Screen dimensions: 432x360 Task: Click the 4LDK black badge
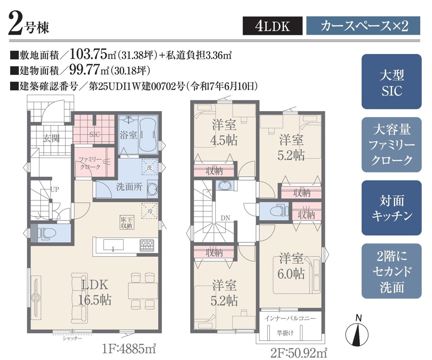pyautogui.click(x=272, y=26)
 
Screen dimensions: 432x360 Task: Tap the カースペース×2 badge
pyautogui.click(x=363, y=26)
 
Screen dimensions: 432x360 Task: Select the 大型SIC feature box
pyautogui.click(x=391, y=82)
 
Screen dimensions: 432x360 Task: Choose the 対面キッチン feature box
pyautogui.click(x=391, y=208)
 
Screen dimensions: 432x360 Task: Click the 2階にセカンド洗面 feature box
pyautogui.click(x=391, y=271)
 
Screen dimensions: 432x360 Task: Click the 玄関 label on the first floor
pyautogui.click(x=51, y=138)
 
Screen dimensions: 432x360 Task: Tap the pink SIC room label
pyautogui.click(x=94, y=135)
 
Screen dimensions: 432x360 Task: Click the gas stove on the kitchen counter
pyautogui.click(x=147, y=245)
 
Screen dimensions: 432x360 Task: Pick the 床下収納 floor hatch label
pyautogui.click(x=127, y=222)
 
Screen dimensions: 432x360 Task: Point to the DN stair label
pyautogui.click(x=225, y=218)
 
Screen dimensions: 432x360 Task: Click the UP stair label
pyautogui.click(x=55, y=189)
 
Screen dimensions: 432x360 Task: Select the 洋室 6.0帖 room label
pyautogui.click(x=291, y=266)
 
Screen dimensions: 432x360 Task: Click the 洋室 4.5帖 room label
pyautogui.click(x=224, y=133)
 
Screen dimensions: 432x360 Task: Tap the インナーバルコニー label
pyautogui.click(x=290, y=318)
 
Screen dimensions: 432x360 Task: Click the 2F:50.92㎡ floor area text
pyautogui.click(x=299, y=353)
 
